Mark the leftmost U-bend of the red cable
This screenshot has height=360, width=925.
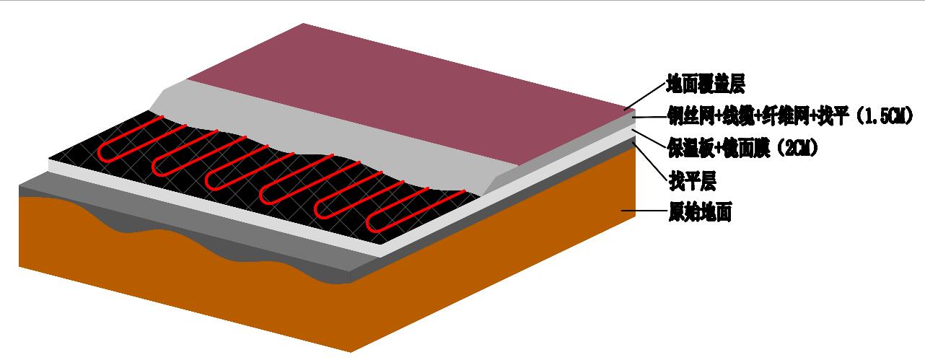[x=103, y=152]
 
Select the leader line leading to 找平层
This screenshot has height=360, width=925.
[x=649, y=163]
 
